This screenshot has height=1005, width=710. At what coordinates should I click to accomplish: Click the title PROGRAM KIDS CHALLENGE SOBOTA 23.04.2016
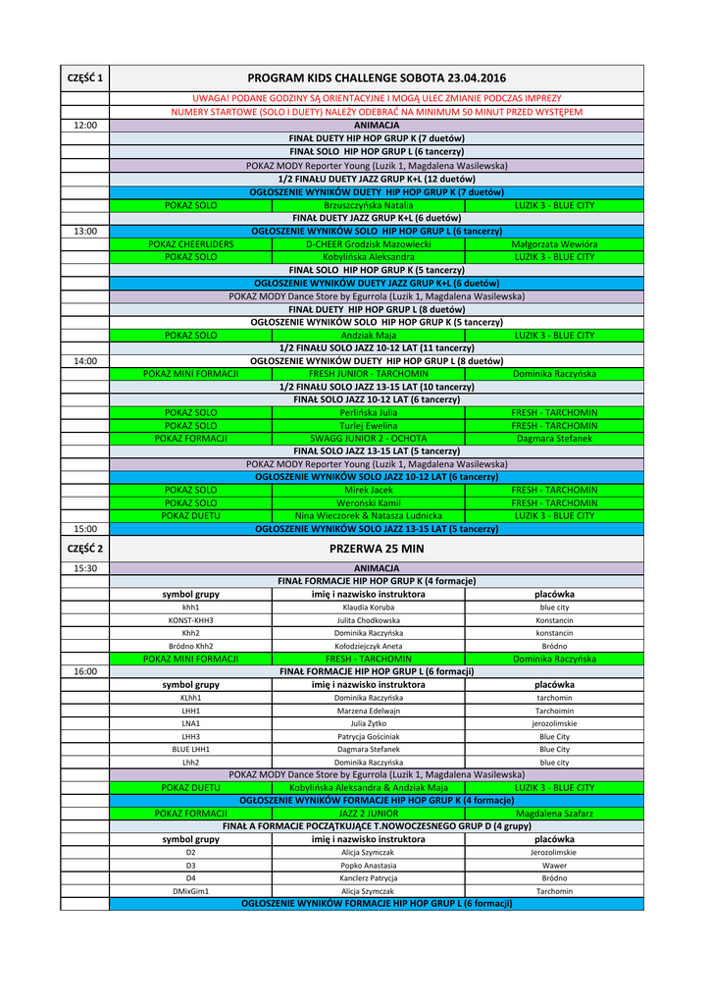376,78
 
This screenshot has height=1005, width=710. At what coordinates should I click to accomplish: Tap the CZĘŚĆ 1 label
86,78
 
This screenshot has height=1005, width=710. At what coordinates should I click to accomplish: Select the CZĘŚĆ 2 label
86,549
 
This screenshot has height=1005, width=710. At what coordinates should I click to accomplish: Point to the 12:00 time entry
85,126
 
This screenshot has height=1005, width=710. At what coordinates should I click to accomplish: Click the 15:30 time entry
85,568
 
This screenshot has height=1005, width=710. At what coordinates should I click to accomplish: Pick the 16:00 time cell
85,671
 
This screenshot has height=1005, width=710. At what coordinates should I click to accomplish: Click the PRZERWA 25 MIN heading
376,549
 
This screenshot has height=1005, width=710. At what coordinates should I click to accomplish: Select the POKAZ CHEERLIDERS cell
190,243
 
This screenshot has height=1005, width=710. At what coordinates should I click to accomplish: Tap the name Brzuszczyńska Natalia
368,205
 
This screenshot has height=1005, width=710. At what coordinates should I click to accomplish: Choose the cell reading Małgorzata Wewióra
554,243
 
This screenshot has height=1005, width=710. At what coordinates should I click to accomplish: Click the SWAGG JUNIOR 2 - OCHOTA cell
368,439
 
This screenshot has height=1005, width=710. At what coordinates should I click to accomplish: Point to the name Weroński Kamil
368,502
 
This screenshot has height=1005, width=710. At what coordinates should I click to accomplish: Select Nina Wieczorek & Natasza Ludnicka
368,515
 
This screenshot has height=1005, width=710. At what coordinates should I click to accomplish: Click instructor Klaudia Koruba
368,608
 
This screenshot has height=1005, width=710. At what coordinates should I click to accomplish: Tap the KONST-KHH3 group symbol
190,620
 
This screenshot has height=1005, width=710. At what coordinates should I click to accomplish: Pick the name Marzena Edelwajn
368,711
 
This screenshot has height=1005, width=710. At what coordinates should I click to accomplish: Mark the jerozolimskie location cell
554,723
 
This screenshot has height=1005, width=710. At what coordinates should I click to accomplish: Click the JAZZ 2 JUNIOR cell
368,814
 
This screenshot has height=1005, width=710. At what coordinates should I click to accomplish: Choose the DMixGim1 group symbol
190,891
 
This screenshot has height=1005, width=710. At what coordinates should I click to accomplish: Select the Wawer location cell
554,866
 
